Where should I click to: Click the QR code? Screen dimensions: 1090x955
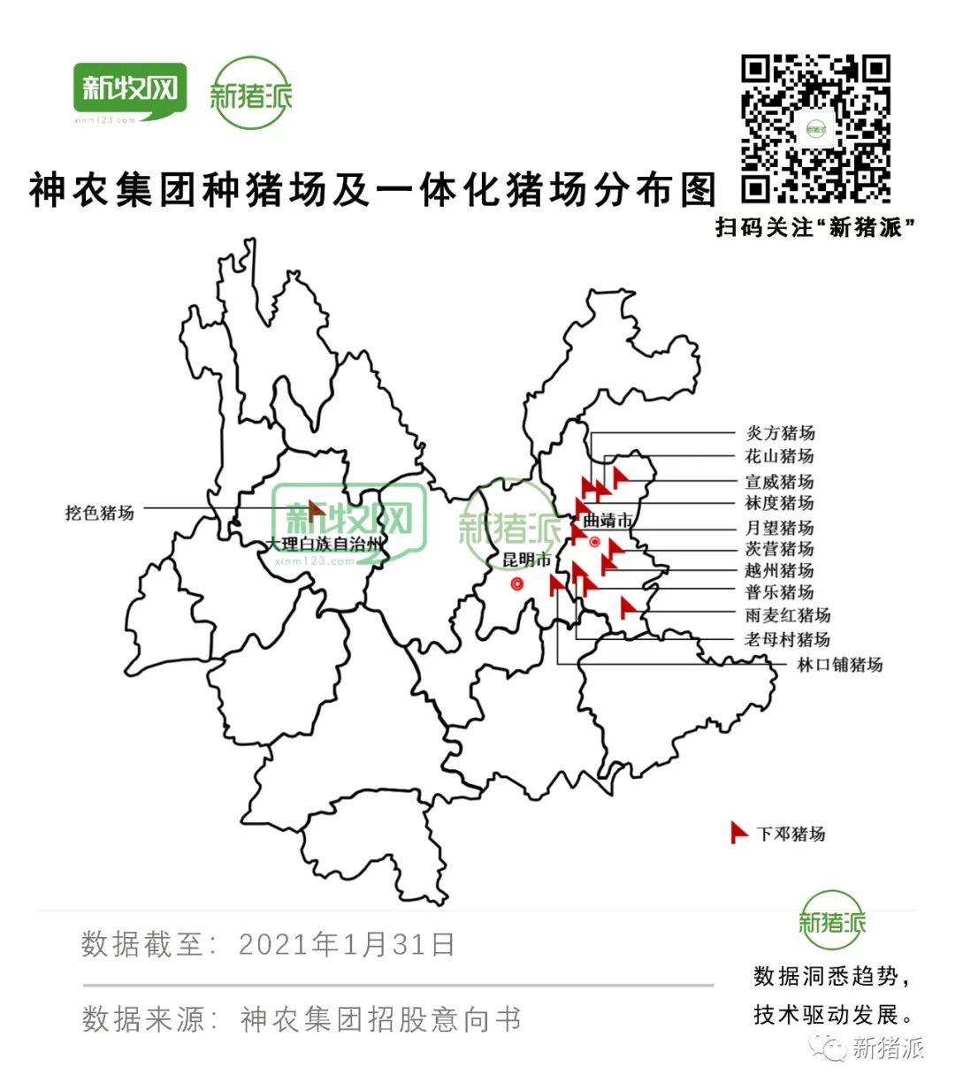tap(814, 129)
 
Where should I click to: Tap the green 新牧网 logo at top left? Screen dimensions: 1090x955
tap(130, 91)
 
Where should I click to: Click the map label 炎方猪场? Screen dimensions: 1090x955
tap(780, 433)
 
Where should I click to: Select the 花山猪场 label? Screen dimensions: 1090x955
tap(779, 456)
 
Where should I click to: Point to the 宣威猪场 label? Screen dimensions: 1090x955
tap(779, 482)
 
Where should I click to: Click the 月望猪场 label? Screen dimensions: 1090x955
tap(779, 528)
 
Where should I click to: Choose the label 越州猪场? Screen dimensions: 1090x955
tap(779, 570)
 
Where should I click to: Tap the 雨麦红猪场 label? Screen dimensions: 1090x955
tap(787, 615)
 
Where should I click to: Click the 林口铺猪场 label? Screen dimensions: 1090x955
tap(839, 665)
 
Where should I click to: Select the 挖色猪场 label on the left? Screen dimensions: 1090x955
tap(99, 513)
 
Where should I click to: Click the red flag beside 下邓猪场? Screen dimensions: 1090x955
tap(738, 832)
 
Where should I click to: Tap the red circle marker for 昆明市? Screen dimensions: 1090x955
tap(516, 584)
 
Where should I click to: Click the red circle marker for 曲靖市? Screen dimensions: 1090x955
tap(595, 542)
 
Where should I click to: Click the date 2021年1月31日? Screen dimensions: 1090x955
tap(347, 944)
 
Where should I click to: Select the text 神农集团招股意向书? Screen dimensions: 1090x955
tap(380, 1019)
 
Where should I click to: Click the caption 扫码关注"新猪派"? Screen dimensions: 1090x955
tap(814, 227)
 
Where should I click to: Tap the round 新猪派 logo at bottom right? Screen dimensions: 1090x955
tap(831, 921)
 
